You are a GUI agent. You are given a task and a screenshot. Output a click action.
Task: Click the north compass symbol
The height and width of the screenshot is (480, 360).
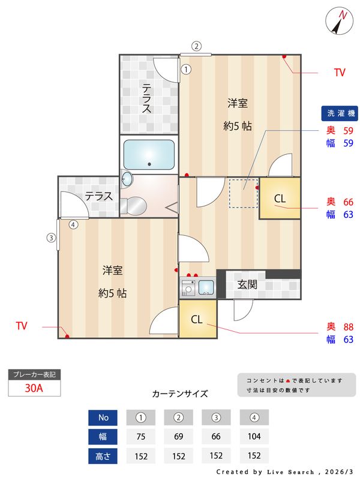340,22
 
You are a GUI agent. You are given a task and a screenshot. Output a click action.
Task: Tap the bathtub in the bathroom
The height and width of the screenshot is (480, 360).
148,155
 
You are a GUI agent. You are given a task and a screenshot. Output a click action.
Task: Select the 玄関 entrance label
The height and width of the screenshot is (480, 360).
247,284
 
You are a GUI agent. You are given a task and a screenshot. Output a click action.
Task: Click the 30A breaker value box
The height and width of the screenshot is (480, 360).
34,388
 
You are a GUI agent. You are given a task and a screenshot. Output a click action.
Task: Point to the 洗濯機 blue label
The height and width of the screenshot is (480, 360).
339,113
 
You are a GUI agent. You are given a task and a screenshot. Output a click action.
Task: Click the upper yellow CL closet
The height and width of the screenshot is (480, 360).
280,199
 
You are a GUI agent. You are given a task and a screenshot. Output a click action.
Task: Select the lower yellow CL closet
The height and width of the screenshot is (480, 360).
197,320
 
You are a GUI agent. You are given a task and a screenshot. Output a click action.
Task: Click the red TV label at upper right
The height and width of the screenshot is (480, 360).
340,73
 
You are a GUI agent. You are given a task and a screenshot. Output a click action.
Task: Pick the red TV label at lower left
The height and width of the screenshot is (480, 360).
22,326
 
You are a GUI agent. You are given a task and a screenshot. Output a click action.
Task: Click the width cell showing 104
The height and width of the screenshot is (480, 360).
254,437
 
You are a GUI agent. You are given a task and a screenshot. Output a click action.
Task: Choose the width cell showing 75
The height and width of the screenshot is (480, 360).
141,437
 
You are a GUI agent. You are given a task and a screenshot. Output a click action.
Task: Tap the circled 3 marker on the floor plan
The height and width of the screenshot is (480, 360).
52,237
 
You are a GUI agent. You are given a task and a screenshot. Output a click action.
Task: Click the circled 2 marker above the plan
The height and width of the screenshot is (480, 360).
196,46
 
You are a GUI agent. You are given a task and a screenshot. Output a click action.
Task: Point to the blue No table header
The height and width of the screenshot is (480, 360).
103,417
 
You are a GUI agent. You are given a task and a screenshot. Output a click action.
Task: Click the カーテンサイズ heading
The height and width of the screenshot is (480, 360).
180,394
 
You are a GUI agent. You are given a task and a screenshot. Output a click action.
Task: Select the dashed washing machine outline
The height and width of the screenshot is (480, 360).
243,193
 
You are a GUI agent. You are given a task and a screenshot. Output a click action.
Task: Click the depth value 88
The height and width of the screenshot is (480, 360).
348,326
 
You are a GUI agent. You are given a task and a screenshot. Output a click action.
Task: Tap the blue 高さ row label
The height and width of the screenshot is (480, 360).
103,456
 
